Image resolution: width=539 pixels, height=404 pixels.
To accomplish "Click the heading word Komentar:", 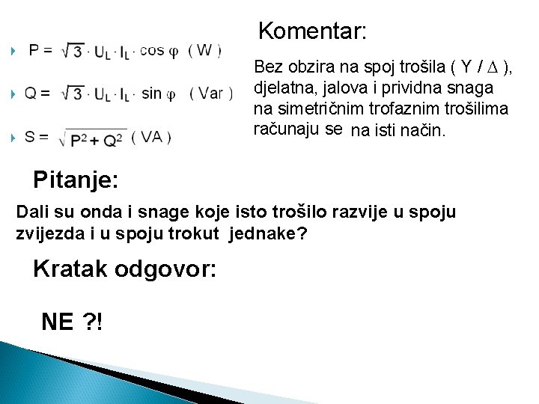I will point(312,31).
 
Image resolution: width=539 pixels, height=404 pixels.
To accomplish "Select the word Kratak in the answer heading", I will point(70,269).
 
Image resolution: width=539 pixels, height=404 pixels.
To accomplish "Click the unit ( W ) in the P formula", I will point(204,50).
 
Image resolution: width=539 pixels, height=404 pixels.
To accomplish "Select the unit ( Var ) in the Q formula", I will point(210,94).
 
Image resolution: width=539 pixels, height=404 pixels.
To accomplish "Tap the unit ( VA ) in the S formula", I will point(151,137).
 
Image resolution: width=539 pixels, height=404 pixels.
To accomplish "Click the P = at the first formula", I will point(40,51).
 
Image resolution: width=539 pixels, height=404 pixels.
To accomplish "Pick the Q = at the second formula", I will point(37,94).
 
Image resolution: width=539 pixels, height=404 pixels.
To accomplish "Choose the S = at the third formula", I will point(37,137).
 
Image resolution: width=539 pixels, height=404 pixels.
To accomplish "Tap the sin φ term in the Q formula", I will point(158,94).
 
